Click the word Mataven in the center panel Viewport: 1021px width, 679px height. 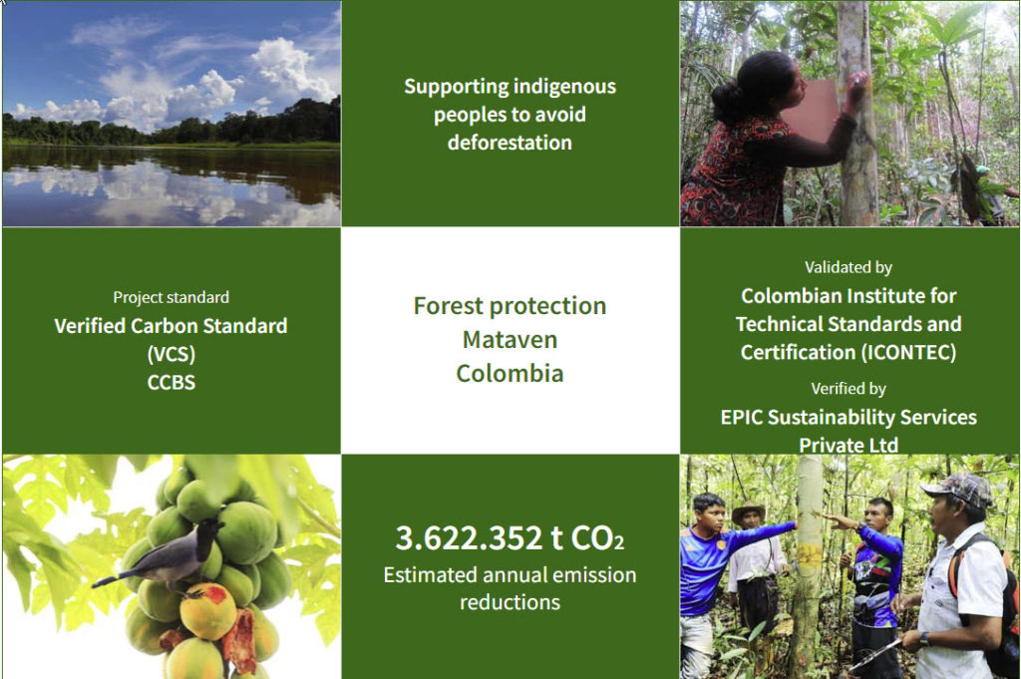510,340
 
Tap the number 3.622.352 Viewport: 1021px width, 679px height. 469,537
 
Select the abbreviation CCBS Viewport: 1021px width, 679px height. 171,382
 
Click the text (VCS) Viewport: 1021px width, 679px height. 171,354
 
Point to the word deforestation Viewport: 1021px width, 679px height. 510,143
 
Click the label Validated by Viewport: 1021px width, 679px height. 849,267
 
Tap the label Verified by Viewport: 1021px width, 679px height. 849,389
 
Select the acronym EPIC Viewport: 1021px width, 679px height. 741,418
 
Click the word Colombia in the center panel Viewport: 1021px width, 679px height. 510,374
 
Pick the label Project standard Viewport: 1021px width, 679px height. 171,297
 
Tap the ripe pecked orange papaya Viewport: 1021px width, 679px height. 207,610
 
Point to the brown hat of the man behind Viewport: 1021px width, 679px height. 748,511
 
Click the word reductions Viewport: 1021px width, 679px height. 510,602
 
